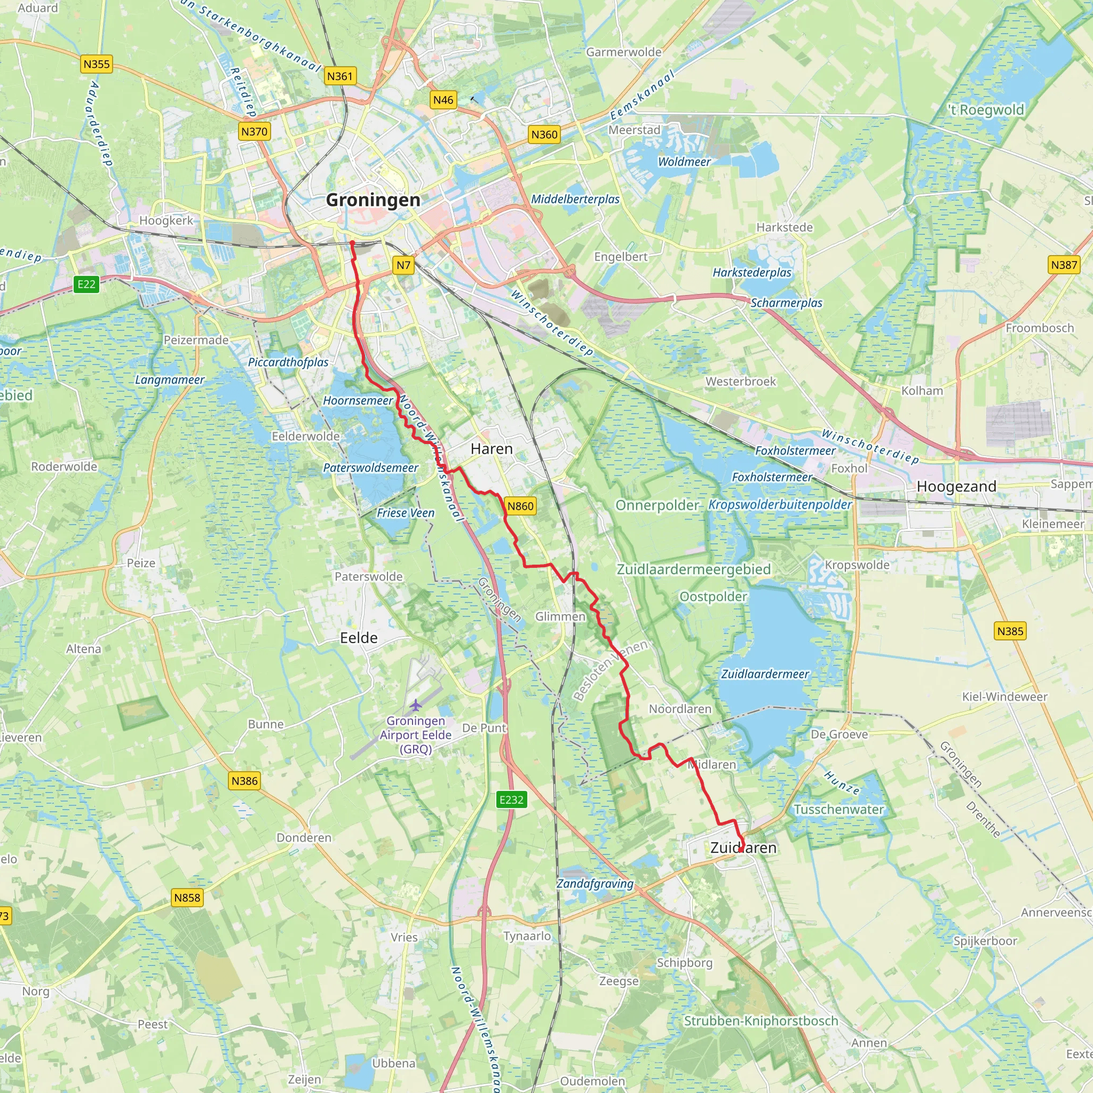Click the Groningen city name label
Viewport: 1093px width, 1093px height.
pos(374,200)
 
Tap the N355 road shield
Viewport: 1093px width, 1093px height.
pos(96,64)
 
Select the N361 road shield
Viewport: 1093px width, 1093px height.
pos(340,76)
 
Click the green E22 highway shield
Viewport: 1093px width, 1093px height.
pos(86,284)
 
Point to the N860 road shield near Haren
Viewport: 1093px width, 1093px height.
pos(520,506)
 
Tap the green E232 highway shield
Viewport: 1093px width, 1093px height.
pos(511,799)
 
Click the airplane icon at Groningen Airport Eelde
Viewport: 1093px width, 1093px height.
pos(416,706)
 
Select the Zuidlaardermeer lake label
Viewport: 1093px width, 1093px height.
pos(765,674)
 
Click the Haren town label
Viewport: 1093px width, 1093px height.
pos(491,449)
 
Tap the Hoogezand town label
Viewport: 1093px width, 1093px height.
pos(956,487)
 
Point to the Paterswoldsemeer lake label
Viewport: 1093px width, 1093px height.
pos(370,468)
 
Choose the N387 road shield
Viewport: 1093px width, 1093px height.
pos(1064,265)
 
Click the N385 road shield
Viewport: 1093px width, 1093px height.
pos(1010,631)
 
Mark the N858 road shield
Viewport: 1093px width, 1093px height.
pos(187,897)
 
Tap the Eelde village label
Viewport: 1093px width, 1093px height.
pos(358,638)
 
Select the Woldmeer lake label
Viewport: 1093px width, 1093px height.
pos(684,162)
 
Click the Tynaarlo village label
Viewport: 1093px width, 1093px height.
pos(527,936)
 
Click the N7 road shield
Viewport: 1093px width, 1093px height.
pos(403,265)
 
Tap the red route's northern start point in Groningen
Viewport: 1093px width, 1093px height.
pos(352,243)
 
